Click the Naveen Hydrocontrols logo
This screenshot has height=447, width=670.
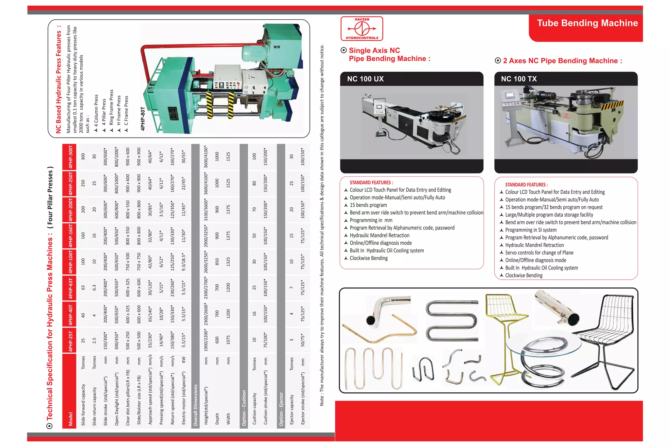(x=361, y=29)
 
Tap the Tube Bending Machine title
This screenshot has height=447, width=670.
(x=587, y=23)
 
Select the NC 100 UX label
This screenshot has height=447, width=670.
(x=365, y=79)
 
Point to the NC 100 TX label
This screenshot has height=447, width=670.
(x=519, y=79)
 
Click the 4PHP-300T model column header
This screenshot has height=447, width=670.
(x=70, y=157)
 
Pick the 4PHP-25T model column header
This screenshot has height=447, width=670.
(x=70, y=341)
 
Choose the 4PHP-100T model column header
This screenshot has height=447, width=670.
(x=70, y=262)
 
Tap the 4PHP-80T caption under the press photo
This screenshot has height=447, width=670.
(x=143, y=119)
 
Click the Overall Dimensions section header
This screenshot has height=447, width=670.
(x=196, y=405)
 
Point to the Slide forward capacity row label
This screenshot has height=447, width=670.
(x=83, y=404)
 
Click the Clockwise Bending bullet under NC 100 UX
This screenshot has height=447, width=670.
(x=368, y=258)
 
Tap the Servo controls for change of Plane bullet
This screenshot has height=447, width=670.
(x=539, y=253)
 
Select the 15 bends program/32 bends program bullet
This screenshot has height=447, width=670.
(x=554, y=207)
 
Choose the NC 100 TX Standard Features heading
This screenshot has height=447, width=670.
(x=526, y=185)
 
